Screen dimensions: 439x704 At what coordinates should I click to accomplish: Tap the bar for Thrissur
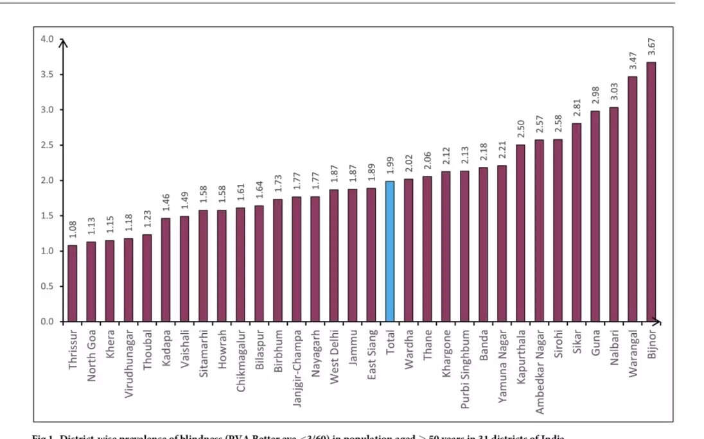pyautogui.click(x=73, y=283)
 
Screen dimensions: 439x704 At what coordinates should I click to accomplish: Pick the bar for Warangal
pyautogui.click(x=632, y=199)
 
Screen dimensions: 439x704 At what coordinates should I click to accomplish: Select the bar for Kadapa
pyautogui.click(x=166, y=270)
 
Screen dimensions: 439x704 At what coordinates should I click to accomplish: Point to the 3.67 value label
pyautogui.click(x=651, y=48)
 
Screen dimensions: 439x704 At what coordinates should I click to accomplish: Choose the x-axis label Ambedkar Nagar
pyautogui.click(x=540, y=361)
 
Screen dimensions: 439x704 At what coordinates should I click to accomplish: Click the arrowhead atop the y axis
pyautogui.click(x=63, y=43)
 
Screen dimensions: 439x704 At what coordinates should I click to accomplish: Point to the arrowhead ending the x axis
pyautogui.click(x=658, y=321)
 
